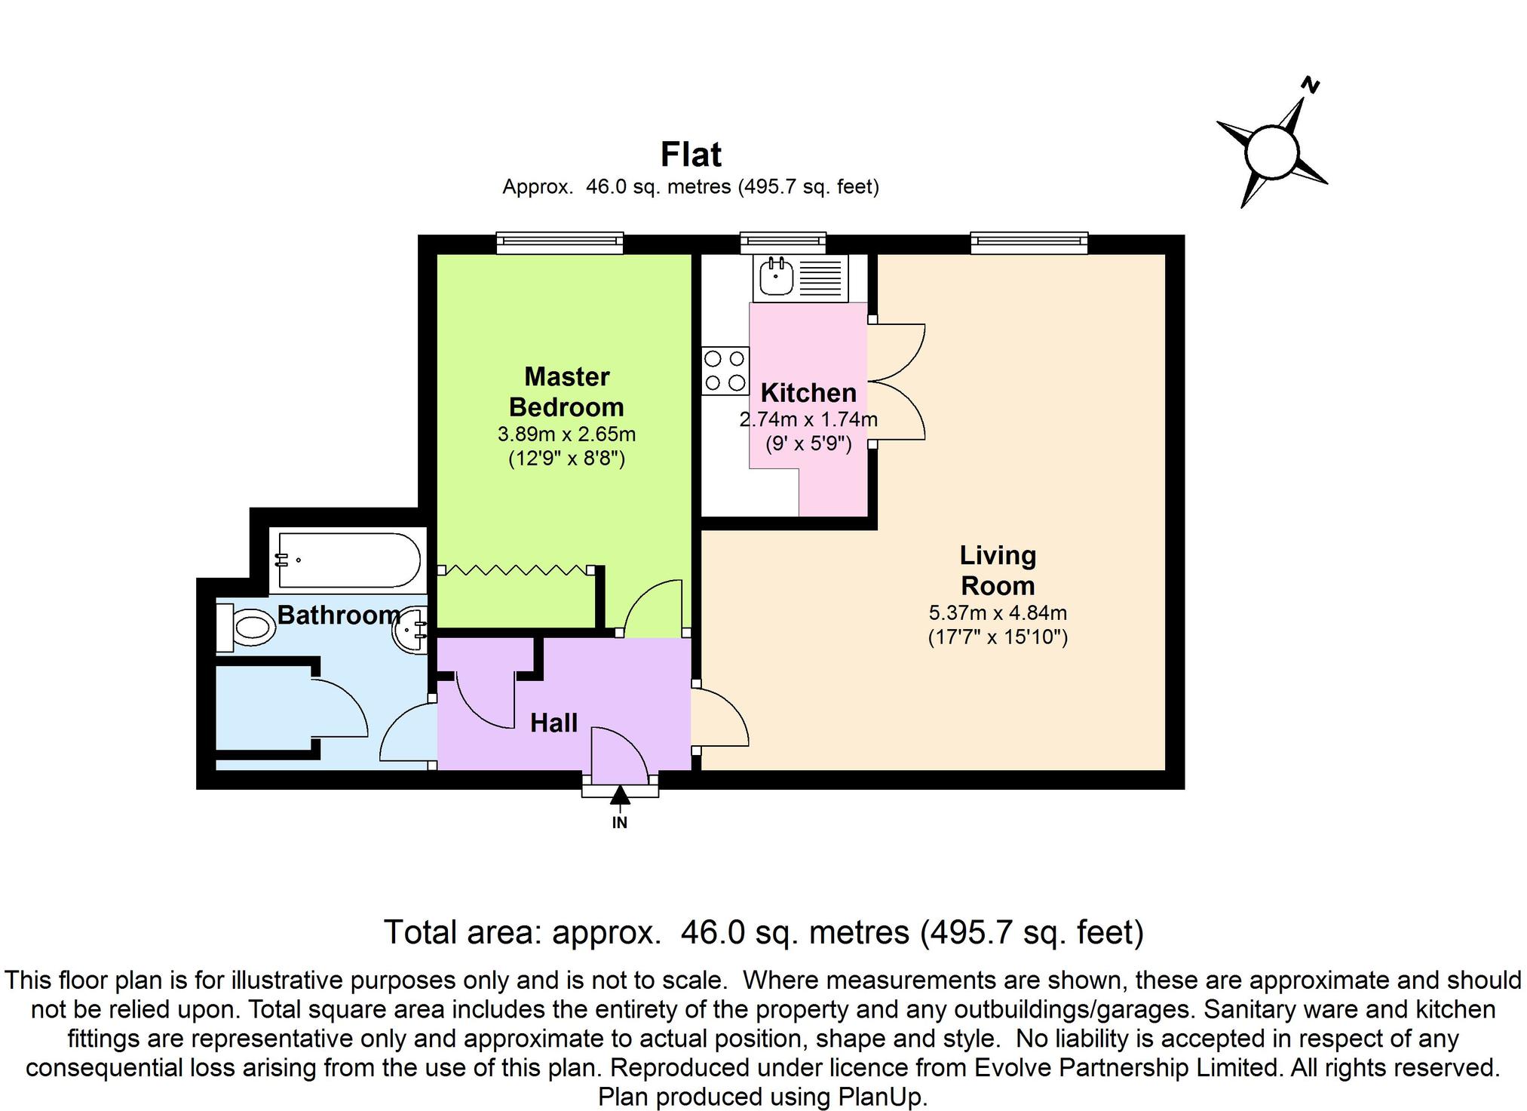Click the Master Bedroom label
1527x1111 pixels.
(x=566, y=391)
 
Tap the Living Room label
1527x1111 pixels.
(x=997, y=570)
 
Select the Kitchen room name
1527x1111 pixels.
(x=808, y=393)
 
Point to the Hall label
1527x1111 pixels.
(x=553, y=723)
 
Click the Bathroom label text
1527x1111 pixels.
(x=339, y=615)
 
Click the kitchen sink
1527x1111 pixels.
(x=776, y=277)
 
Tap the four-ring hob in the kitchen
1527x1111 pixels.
(x=725, y=371)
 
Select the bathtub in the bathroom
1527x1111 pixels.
(x=348, y=560)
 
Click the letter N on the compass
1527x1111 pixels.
(x=1311, y=86)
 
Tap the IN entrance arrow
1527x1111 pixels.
(x=620, y=796)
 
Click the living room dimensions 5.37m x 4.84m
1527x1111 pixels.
(x=997, y=613)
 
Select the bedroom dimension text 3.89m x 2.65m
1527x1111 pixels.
(x=566, y=434)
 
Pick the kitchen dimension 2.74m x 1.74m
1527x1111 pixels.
(x=808, y=419)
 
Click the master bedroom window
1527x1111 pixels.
(x=560, y=242)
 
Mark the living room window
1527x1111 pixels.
(x=1029, y=242)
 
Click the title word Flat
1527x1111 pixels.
(x=691, y=155)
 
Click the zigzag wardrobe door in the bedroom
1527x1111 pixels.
(x=516, y=571)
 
